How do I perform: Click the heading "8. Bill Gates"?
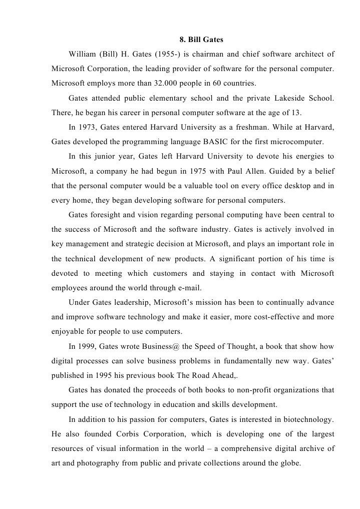[201, 39]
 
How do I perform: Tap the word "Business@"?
[160, 346]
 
